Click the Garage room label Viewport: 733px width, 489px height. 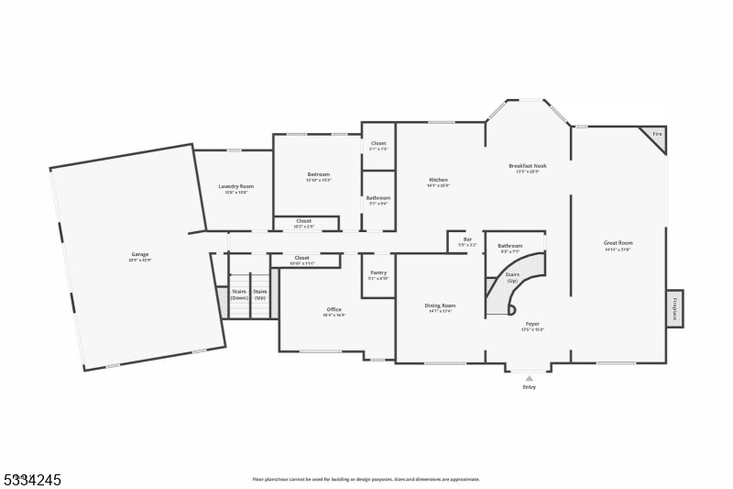click(x=139, y=254)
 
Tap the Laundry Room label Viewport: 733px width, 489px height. click(x=235, y=186)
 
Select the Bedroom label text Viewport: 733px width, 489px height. click(x=318, y=174)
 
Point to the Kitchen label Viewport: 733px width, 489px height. click(x=438, y=179)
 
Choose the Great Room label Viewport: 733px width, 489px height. click(x=618, y=243)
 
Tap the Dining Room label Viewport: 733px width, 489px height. click(x=440, y=306)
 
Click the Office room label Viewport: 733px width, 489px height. click(x=334, y=309)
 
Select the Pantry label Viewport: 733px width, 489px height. click(x=377, y=272)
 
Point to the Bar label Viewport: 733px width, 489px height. click(x=466, y=239)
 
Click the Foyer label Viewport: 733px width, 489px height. click(x=532, y=324)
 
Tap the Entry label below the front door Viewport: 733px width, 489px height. click(x=529, y=387)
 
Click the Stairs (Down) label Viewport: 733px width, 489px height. click(x=239, y=295)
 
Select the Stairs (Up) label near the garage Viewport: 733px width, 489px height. click(x=260, y=295)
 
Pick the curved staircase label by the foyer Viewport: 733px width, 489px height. click(x=511, y=277)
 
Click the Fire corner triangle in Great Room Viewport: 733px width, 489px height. click(x=656, y=136)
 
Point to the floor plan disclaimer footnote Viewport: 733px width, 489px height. click(x=366, y=479)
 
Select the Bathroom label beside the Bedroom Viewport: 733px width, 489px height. click(x=377, y=198)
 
